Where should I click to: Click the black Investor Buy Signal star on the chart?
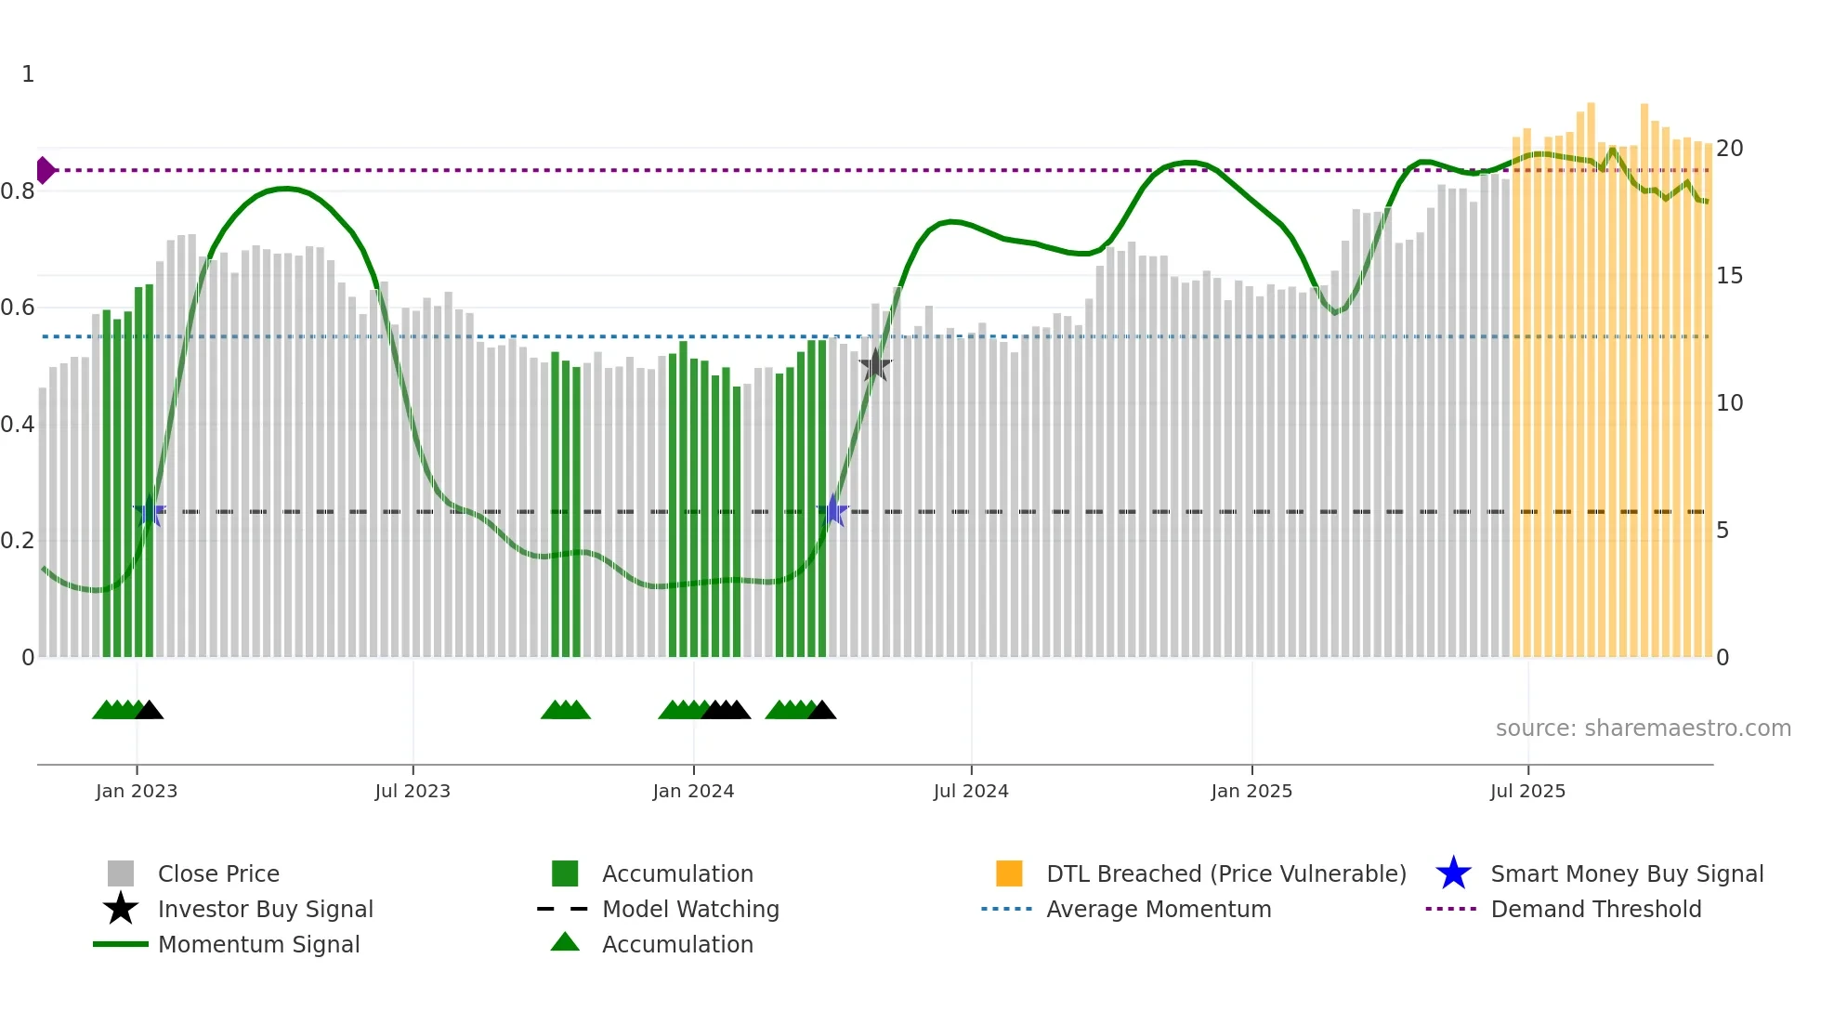pyautogui.click(x=874, y=365)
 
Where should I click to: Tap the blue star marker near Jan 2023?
pyautogui.click(x=149, y=511)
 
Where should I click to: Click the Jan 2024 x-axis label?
pyautogui.click(x=693, y=791)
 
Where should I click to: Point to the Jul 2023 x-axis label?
pyautogui.click(x=413, y=791)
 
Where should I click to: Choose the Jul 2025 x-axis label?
pyautogui.click(x=1527, y=791)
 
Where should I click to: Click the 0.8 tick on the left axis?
pyautogui.click(x=18, y=191)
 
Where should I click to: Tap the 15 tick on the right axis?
pyautogui.click(x=1729, y=276)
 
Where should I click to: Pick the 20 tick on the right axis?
pyautogui.click(x=1729, y=149)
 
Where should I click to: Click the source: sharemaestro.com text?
pyautogui.click(x=1643, y=729)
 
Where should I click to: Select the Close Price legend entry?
pyautogui.click(x=218, y=873)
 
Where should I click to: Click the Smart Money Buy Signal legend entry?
pyautogui.click(x=1627, y=873)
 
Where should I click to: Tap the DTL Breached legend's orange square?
pyautogui.click(x=1009, y=873)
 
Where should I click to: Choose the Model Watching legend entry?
pyautogui.click(x=690, y=909)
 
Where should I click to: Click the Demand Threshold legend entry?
pyautogui.click(x=1595, y=909)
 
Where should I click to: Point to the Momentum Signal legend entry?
pyautogui.click(x=258, y=944)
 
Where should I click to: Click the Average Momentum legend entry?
pyautogui.click(x=1159, y=909)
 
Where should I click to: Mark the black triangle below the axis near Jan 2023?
pyautogui.click(x=150, y=711)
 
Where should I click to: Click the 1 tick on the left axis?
pyautogui.click(x=28, y=74)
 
